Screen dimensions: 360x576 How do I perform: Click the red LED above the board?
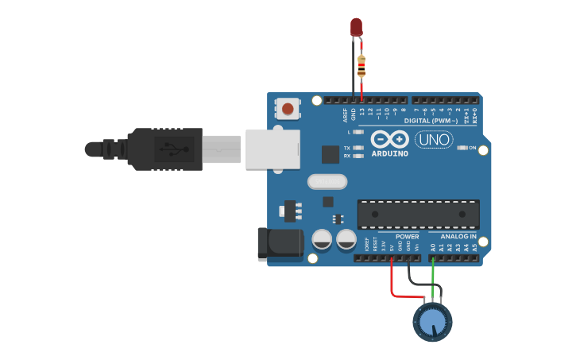pos(357,26)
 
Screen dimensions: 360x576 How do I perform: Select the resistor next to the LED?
pos(361,64)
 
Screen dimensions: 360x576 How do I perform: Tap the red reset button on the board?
pos(288,108)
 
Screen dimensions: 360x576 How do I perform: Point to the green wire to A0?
pos(433,278)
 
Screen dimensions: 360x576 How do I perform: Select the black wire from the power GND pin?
pos(410,278)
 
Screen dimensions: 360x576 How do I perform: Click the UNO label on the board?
pos(434,140)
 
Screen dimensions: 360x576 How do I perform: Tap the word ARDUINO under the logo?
pos(389,153)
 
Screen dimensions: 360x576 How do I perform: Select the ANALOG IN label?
pos(458,237)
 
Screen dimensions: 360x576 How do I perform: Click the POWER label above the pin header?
pos(407,237)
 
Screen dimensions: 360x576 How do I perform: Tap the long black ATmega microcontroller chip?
pos(418,214)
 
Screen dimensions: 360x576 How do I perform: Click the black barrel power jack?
pos(280,244)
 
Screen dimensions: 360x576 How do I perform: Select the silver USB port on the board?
pos(273,149)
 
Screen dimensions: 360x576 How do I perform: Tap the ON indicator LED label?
pos(472,148)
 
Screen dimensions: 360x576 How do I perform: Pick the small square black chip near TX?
pos(330,154)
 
